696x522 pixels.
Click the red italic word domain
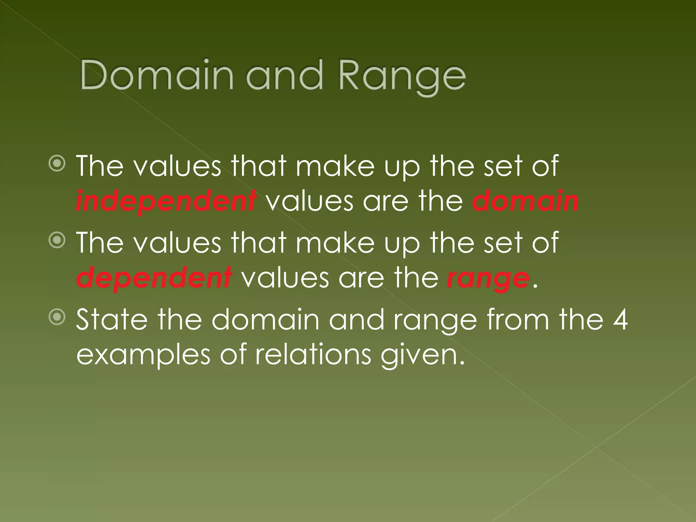(x=525, y=201)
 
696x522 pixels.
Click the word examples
(x=143, y=355)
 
